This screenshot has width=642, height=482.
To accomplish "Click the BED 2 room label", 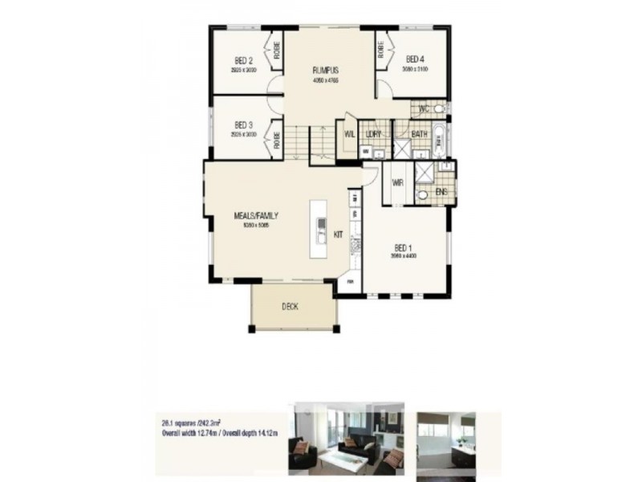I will click(244, 60).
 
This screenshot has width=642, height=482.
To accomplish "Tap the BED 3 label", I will click(244, 125).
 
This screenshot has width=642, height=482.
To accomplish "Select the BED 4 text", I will click(415, 59).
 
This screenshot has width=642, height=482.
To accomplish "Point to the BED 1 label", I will click(404, 247).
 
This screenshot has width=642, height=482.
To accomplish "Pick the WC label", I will click(425, 108).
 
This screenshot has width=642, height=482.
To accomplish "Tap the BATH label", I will click(419, 133).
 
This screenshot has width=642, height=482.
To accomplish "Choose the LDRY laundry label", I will click(372, 133).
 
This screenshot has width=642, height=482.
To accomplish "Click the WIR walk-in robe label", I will click(397, 182).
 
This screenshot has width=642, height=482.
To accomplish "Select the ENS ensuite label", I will click(441, 192).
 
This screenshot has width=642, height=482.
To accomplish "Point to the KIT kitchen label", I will click(339, 235).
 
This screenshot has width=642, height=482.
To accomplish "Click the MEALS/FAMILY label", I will click(251, 216).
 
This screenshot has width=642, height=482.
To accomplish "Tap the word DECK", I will click(291, 306).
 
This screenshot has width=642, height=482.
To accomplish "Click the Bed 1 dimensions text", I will click(404, 256).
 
